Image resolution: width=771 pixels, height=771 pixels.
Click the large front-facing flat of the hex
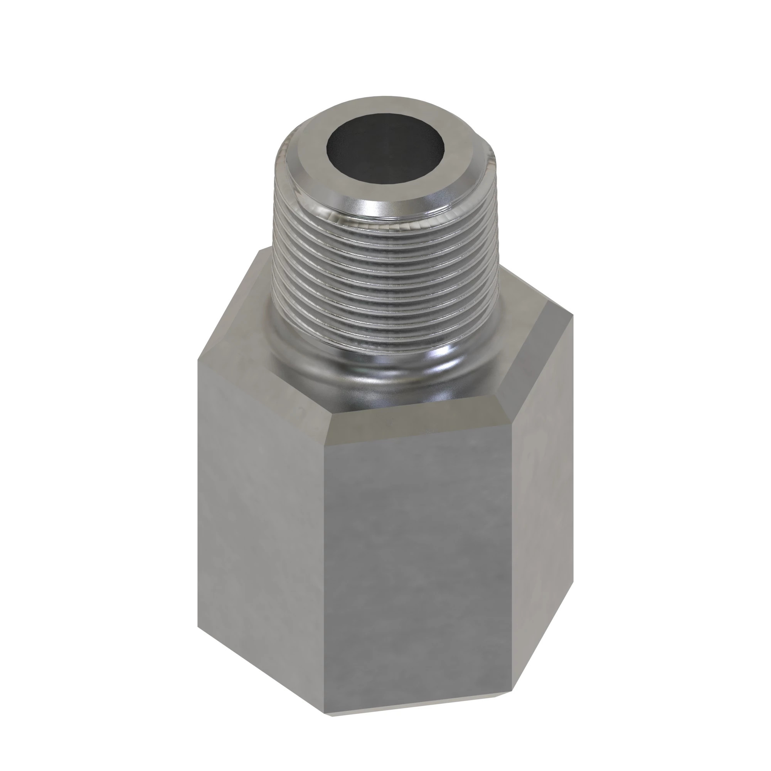point(419,559)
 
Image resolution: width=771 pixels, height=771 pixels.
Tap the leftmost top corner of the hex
point(198,359)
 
